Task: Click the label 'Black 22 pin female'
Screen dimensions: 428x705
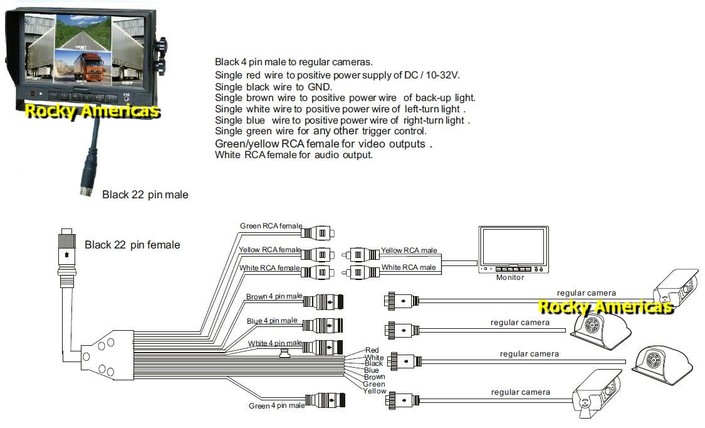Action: click(132, 245)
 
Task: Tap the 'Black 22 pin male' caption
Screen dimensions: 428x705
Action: click(145, 195)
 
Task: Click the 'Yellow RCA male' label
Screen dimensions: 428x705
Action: click(409, 250)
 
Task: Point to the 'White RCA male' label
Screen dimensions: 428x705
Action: click(408, 267)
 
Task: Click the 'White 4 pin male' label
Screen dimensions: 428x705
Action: click(274, 343)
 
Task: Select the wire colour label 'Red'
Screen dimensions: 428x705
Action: click(372, 350)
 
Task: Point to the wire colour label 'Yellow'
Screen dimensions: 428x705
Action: click(375, 391)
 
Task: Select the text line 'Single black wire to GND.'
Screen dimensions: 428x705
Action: click(273, 87)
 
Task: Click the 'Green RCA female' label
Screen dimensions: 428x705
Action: click(270, 226)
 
